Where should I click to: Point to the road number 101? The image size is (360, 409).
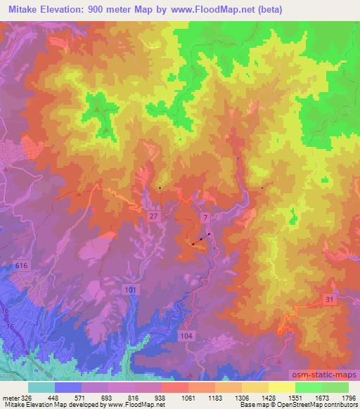(130, 290)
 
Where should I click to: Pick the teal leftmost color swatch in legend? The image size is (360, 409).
(41, 387)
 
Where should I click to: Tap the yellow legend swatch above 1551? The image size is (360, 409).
(282, 387)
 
